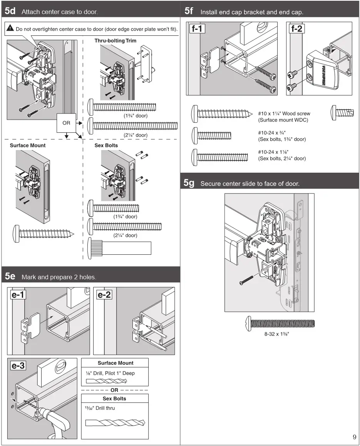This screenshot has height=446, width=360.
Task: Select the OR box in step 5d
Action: click(x=66, y=123)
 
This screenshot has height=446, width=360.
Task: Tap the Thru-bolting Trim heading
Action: click(x=115, y=41)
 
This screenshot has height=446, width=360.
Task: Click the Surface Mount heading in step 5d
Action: click(x=27, y=145)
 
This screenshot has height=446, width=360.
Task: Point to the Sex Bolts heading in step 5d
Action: click(x=106, y=145)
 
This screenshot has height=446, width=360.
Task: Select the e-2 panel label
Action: click(x=104, y=295)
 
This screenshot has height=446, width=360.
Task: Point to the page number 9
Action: click(x=354, y=437)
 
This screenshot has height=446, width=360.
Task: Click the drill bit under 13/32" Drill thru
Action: click(x=114, y=423)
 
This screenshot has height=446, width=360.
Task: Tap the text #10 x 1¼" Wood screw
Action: click(x=284, y=114)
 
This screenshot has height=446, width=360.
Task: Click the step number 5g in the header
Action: click(x=189, y=183)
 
